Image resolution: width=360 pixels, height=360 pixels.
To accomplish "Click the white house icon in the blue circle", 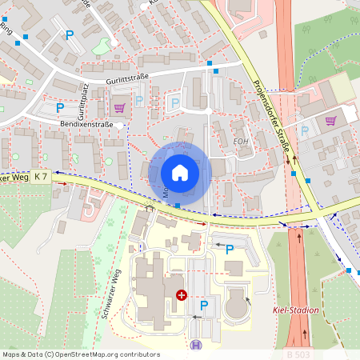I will [180, 172].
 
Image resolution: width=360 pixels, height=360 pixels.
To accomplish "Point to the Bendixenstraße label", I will [86, 126].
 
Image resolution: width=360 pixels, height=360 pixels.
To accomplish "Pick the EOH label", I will [241, 142].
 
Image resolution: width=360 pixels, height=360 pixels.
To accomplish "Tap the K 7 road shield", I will [42, 177].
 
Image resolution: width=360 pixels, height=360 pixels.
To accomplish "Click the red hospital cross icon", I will [182, 295].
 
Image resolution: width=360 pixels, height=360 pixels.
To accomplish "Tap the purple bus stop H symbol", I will [196, 346].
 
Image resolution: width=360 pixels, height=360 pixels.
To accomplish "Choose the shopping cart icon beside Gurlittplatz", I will [119, 107].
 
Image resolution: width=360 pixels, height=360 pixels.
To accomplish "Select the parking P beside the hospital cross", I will [203, 305].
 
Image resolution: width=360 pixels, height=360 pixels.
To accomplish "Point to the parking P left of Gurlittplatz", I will [59, 107].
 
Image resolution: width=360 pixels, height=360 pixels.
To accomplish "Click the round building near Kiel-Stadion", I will [237, 305].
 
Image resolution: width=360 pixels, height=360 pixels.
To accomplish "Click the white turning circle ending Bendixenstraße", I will [119, 125].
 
